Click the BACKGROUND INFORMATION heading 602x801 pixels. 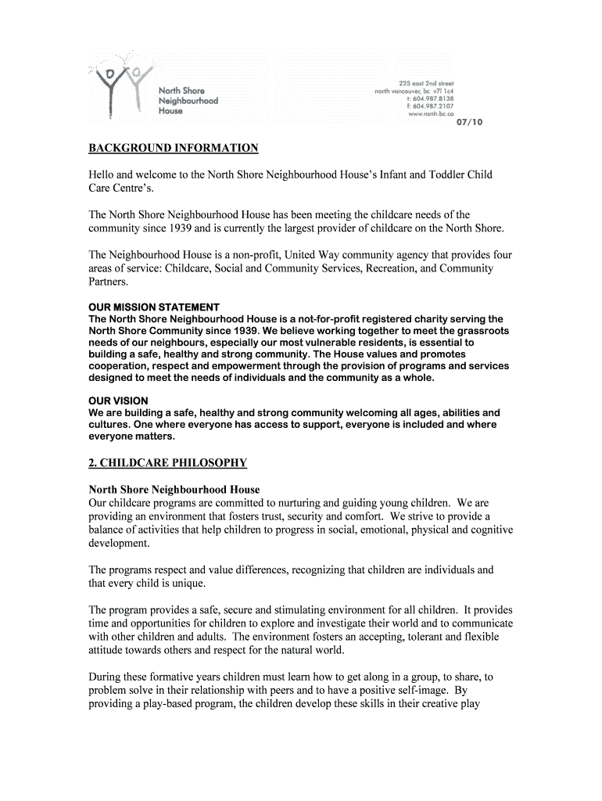click(173, 147)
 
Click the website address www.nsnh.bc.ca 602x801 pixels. click(430, 114)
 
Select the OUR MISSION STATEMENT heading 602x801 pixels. click(154, 307)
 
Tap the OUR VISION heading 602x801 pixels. click(118, 401)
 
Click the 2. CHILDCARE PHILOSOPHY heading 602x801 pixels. click(168, 463)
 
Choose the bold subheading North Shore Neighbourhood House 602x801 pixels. click(174, 489)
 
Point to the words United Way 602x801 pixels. click(314, 255)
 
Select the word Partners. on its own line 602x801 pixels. click(108, 282)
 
